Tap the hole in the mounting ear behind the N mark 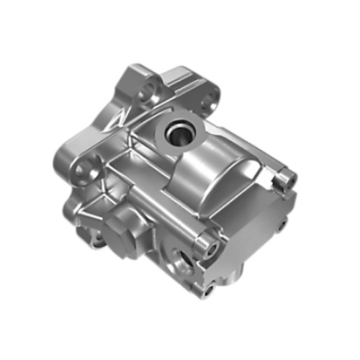(x=149, y=91)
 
